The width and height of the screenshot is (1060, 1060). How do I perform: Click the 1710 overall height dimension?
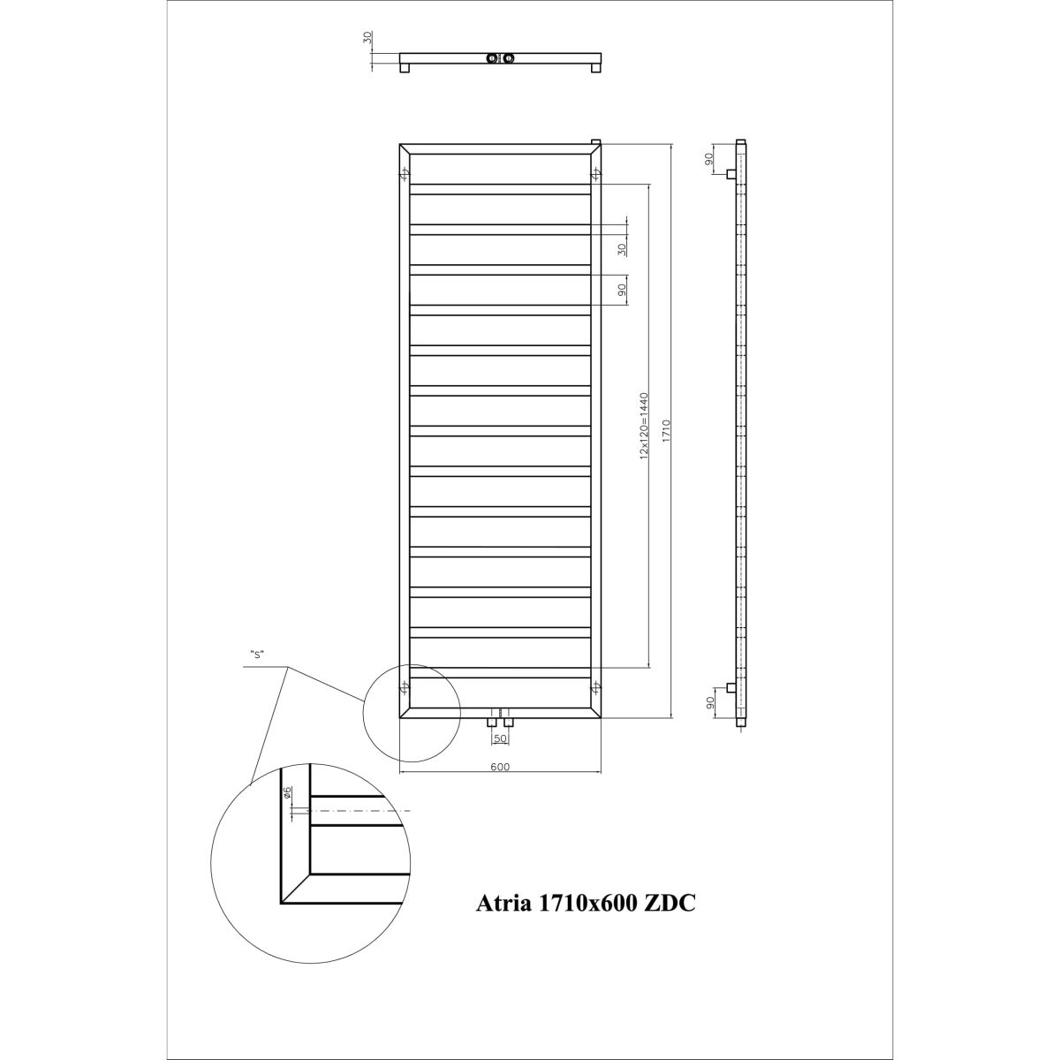click(x=665, y=431)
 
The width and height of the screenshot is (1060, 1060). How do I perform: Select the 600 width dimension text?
click(x=499, y=767)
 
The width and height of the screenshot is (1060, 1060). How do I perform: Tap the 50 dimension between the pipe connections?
click(x=499, y=738)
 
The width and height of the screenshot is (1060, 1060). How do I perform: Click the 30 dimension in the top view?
click(x=368, y=38)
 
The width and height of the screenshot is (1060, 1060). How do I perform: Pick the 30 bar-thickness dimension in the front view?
click(x=622, y=249)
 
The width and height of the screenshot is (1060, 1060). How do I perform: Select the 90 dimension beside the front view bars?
click(x=622, y=290)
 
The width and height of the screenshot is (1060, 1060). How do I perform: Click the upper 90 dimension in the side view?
click(x=709, y=158)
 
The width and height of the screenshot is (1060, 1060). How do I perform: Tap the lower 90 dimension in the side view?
click(x=709, y=702)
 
